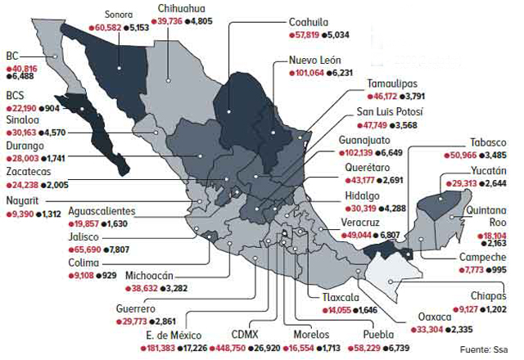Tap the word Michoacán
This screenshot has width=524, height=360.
tap(153, 276)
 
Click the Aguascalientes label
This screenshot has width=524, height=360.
tap(102, 211)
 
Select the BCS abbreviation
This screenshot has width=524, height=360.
tap(15, 95)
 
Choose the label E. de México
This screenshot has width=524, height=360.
tap(174, 335)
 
